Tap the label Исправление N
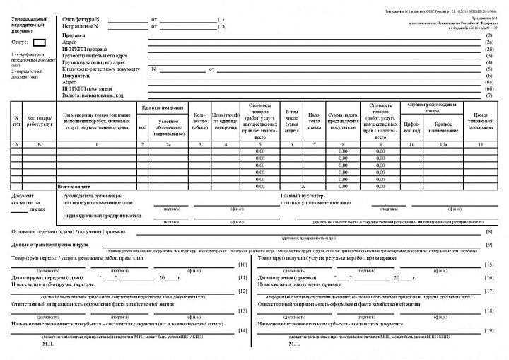pos(80,26)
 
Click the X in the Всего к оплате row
pos(292,185)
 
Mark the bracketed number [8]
pos(488,233)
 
